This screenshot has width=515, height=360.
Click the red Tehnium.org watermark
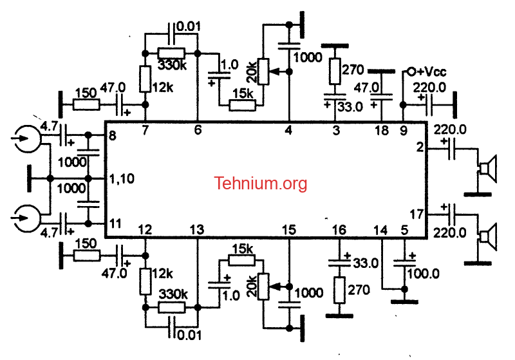[x=261, y=184]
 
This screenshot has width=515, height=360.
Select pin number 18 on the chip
[x=382, y=130]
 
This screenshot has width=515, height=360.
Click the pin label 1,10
[x=122, y=179]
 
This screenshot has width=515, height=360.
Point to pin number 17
[x=417, y=214]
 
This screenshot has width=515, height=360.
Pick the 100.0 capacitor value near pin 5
[x=423, y=273]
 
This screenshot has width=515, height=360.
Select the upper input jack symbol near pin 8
[x=27, y=138]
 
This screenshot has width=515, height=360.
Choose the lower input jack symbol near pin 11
[x=27, y=218]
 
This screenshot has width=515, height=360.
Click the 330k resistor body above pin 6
[x=171, y=53]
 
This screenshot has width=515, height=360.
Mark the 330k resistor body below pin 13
[x=171, y=308]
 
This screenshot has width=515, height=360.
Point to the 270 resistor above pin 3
[x=335, y=71]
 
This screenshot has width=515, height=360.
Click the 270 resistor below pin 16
[x=339, y=290]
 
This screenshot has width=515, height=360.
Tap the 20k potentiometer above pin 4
[x=263, y=71]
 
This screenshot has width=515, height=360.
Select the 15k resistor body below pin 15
[x=241, y=261]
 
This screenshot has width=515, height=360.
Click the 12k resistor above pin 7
[x=145, y=79]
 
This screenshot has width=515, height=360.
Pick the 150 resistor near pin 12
[x=86, y=256]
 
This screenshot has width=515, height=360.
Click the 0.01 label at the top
[x=188, y=26]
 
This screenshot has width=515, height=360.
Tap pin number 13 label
[x=197, y=230]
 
